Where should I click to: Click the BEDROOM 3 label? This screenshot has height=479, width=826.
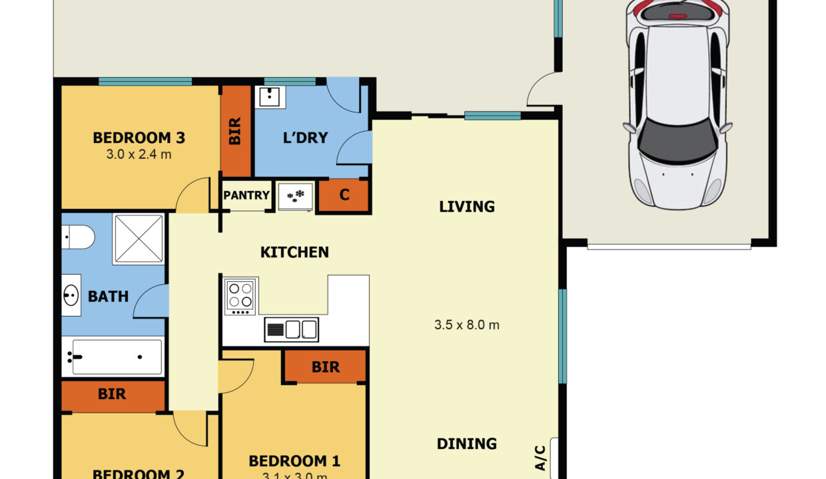coord(139,138)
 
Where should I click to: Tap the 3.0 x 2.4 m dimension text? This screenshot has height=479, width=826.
coord(139,154)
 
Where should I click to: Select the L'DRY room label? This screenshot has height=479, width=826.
coord(306,138)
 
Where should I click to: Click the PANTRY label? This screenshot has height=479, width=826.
coord(246,196)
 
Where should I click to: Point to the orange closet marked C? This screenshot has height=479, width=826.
coord(344,196)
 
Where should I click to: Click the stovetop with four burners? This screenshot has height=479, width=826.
coord(240,296)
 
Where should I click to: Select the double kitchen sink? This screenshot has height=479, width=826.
coord(292,329)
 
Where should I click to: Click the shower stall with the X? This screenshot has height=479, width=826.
coord(139,239)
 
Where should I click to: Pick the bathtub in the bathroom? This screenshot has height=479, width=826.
coord(113,357)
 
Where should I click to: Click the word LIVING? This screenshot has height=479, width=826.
coord(467,206)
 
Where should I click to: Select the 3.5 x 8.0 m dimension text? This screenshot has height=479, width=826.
coord(467,325)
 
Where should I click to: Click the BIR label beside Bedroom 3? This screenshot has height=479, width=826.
coord(235,131)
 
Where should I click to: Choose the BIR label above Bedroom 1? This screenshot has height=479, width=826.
coord(325,367)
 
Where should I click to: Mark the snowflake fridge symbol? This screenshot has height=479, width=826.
coord(294,196)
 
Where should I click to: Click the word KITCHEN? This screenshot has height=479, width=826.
coord(294,252)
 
